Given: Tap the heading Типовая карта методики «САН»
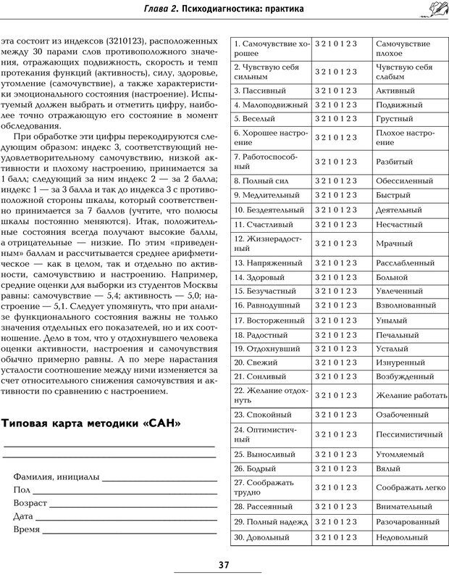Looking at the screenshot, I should pos(92,423).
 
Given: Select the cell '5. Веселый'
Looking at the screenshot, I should pos(270,118).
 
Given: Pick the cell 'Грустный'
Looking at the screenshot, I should pos(408,118).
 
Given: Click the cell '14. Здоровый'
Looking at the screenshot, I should pos(270,276).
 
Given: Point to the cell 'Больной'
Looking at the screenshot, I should pos(408,276).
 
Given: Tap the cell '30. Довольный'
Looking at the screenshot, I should pos(270,537).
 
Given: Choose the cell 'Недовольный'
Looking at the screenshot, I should pos(408,537).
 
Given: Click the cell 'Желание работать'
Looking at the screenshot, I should pos(408,394).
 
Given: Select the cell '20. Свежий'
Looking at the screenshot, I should pos(270,361).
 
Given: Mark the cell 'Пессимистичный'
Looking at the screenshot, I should pos(408,434).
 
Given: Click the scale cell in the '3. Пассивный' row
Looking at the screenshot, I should pos(342,91).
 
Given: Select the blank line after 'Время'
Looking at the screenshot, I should pos(127,531).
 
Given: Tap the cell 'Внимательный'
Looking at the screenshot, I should pos(408,506).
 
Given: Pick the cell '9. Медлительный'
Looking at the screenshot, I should pos(270,195).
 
